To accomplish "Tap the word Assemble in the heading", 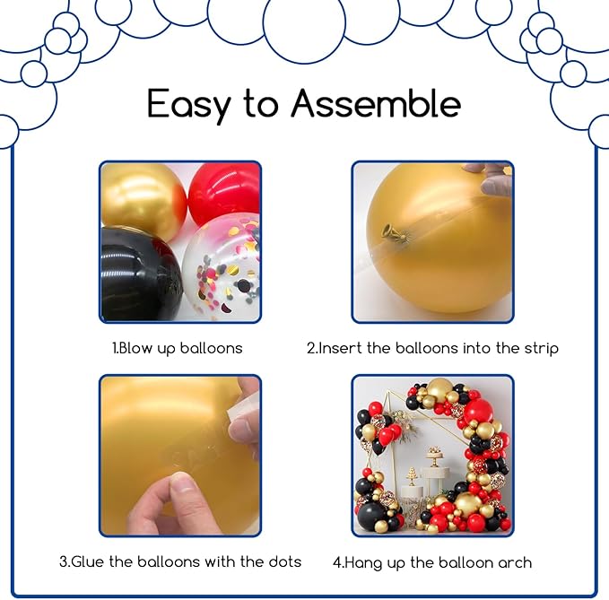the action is [376, 102].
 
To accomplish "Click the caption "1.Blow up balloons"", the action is [178, 348].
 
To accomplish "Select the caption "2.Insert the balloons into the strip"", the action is [432, 348].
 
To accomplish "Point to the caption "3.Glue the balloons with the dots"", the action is [180, 562].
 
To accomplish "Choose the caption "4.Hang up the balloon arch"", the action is [432, 562].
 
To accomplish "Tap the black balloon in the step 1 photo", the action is [141, 274].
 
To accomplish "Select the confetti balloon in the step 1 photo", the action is [222, 268].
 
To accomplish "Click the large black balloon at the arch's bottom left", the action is [371, 517].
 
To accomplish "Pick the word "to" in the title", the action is [261, 104].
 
